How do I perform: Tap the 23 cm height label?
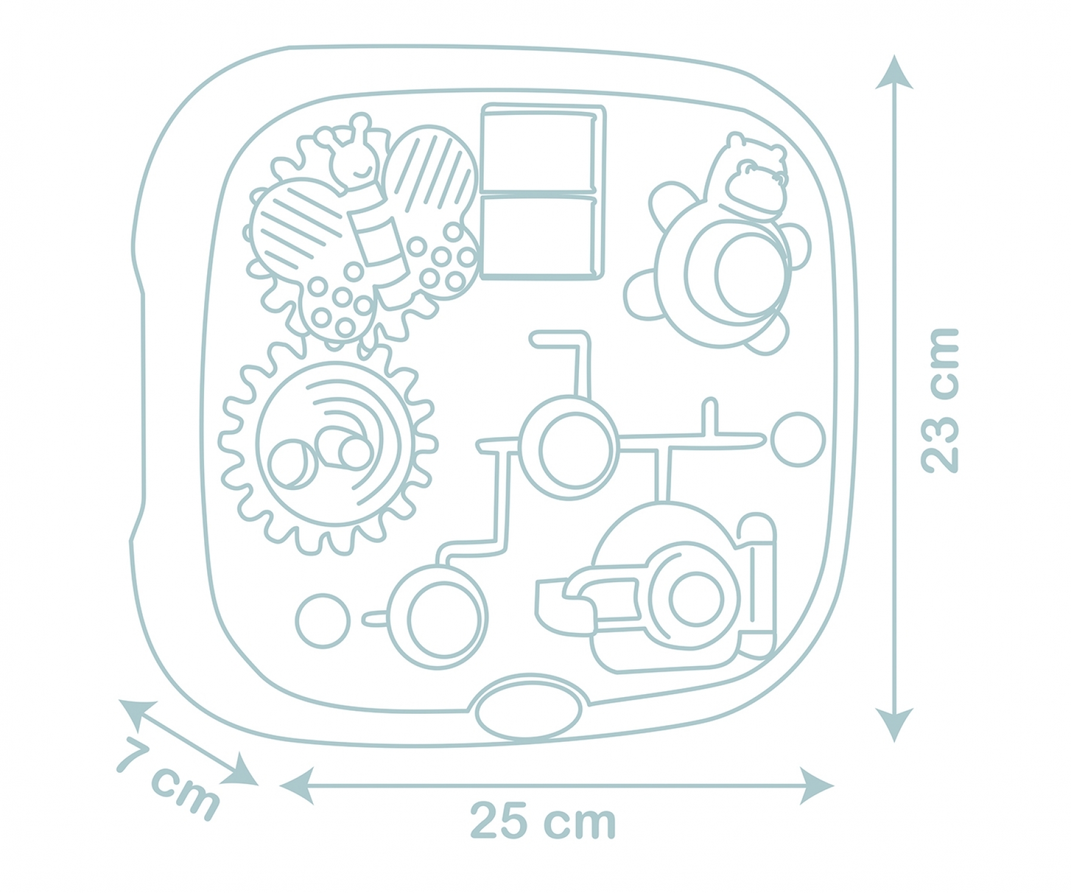pyautogui.click(x=940, y=401)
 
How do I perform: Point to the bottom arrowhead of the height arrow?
pyautogui.click(x=894, y=724)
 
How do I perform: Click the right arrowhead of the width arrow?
pyautogui.click(x=816, y=786)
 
